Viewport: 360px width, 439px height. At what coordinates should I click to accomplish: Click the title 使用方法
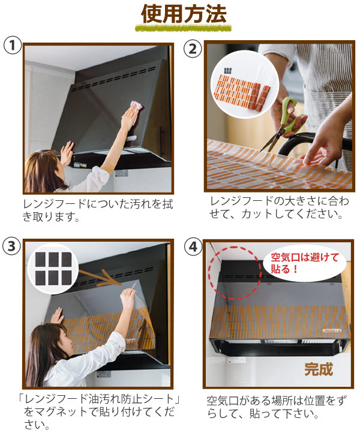pos(184,14)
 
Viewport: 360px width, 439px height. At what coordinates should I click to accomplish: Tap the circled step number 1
pos(13,46)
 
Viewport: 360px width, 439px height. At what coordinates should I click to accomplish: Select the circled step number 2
pos(193,49)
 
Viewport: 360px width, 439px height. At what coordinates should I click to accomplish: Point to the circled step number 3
pos(11,246)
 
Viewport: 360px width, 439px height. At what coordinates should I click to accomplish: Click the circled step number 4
pos(193,246)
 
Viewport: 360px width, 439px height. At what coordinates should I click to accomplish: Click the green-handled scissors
pos(283,123)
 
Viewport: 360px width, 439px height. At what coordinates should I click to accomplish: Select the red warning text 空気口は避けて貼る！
pos(305,263)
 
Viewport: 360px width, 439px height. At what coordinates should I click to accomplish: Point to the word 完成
pos(319,369)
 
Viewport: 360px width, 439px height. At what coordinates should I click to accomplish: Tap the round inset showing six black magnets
pos(53,269)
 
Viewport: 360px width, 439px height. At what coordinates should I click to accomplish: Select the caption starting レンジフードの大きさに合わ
pos(279,208)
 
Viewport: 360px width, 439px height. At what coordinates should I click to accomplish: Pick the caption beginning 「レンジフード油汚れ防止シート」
pos(98,411)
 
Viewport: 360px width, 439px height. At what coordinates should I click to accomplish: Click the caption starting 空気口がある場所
pos(277,407)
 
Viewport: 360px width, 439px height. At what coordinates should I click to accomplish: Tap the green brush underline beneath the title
pos(184,28)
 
